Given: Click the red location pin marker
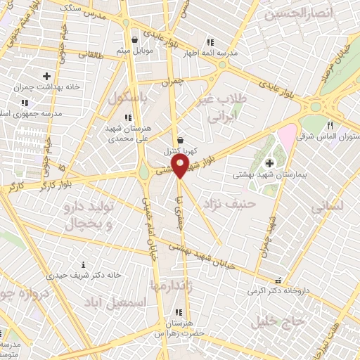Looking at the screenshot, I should point(180,166).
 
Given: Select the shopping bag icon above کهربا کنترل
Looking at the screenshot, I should point(181,139).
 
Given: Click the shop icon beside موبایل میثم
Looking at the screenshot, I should point(134,39).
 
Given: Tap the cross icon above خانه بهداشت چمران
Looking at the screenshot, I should point(46,76).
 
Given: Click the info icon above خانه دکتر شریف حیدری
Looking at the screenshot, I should point(84,264).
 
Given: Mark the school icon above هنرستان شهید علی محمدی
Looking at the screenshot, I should point(127,117).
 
